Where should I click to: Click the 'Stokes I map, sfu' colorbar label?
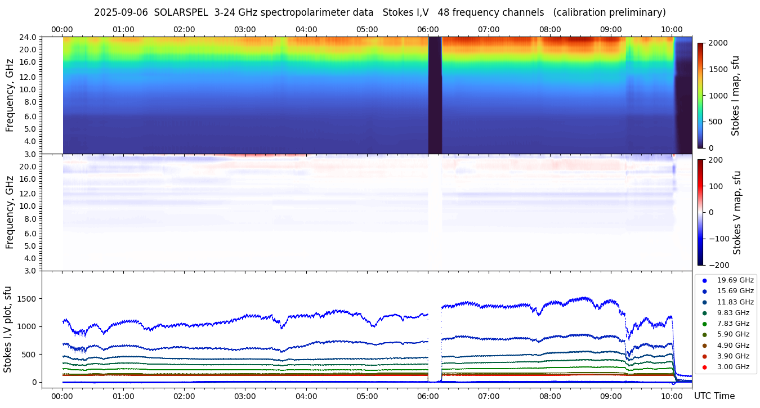coord(735,95)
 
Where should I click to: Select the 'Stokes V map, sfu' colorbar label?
coord(737,212)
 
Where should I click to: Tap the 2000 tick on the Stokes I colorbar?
coord(719,43)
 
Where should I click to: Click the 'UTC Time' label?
coord(714,396)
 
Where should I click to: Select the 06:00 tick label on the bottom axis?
coord(428,396)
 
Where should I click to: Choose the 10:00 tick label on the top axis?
coord(672,29)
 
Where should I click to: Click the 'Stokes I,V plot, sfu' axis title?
coord(8,329)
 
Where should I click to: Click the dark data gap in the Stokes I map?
coord(435,96)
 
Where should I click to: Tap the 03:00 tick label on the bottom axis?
coord(245,396)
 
